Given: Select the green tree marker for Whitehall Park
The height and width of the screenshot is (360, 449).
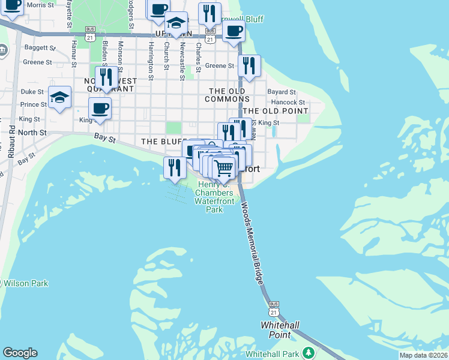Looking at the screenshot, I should (309, 352).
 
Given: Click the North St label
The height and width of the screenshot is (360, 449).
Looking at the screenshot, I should (32, 132).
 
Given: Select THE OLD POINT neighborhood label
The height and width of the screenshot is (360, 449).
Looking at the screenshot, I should (276, 111).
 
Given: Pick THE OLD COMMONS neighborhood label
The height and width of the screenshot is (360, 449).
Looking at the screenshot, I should (227, 95).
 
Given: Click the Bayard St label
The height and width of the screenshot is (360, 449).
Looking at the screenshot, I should (282, 92).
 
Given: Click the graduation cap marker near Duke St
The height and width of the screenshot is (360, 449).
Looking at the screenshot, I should (59, 98).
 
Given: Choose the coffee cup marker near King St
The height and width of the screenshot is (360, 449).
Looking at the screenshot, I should (100, 109).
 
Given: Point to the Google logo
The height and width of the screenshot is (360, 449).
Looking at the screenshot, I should (20, 353).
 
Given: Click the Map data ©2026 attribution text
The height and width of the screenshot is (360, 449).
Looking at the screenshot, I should (423, 355).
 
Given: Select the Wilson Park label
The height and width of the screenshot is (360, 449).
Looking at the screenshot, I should (26, 283).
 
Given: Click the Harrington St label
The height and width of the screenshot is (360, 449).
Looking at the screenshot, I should (151, 60).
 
